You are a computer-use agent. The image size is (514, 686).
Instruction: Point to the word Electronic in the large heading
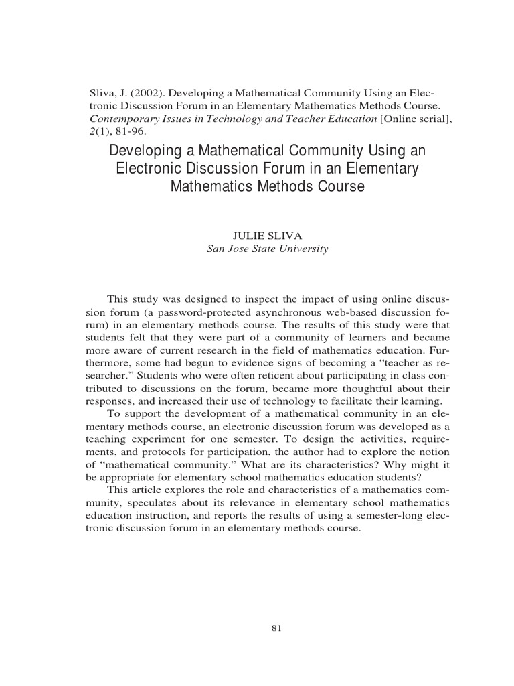150,168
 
